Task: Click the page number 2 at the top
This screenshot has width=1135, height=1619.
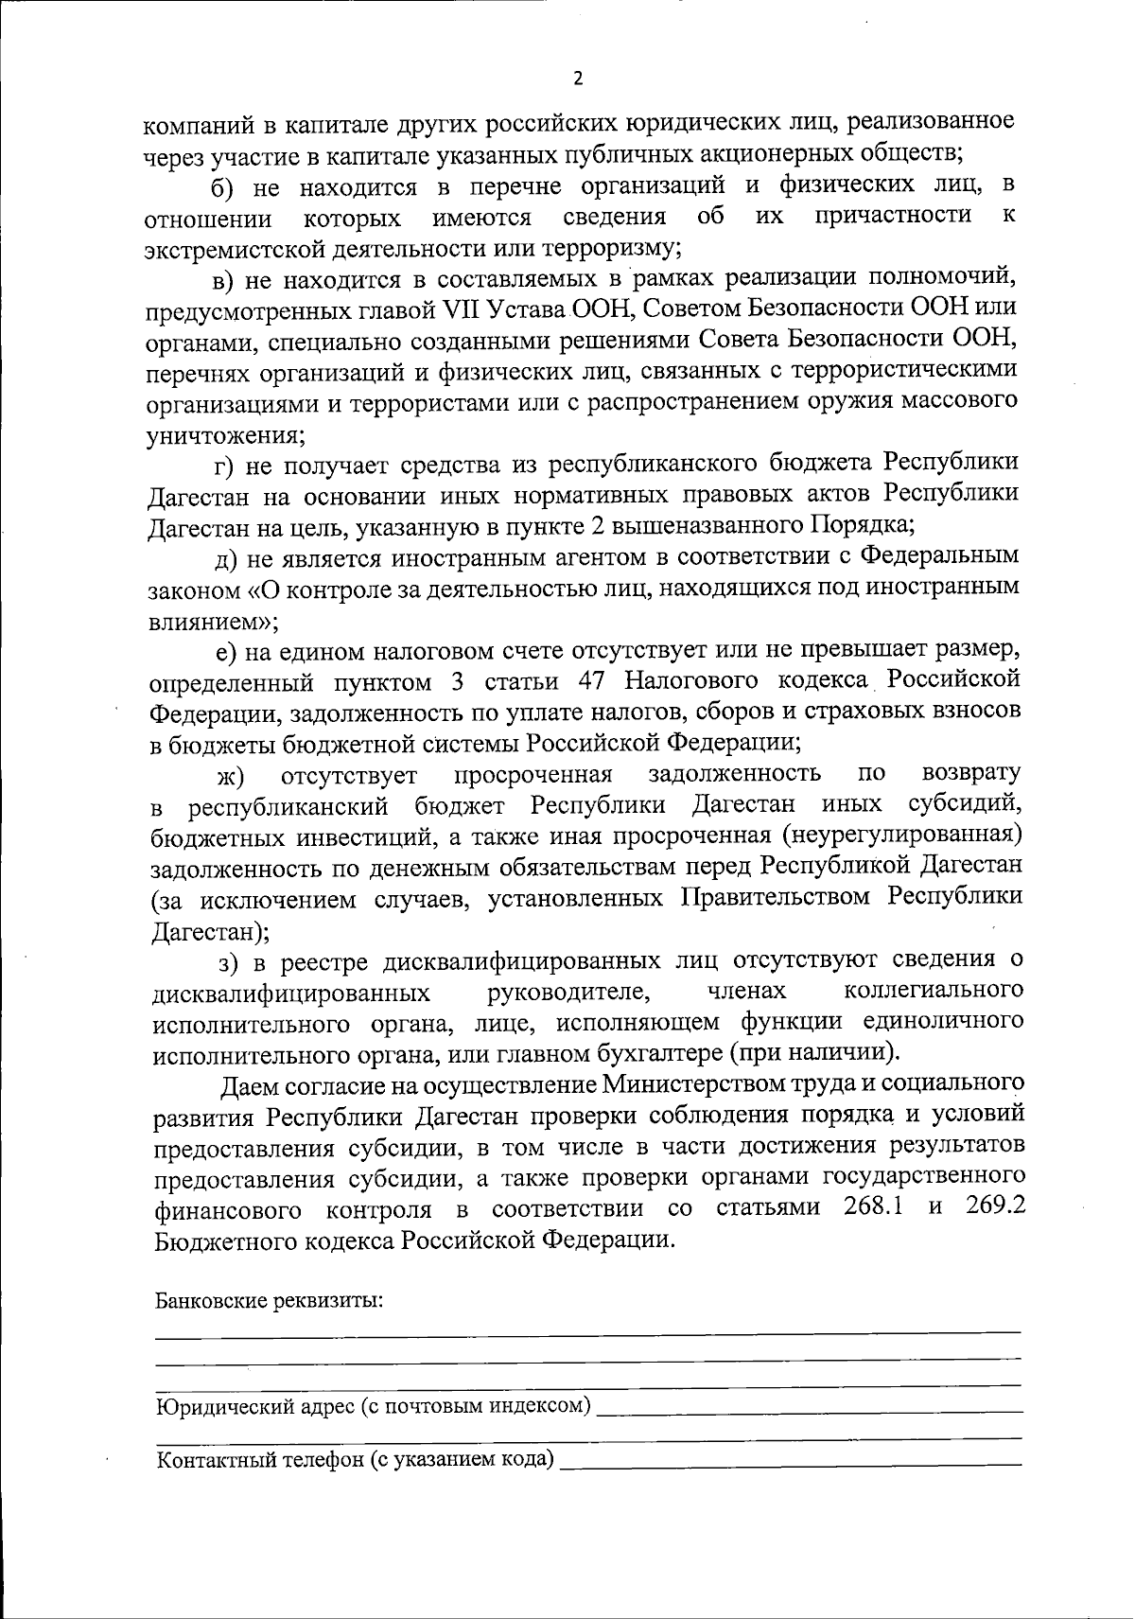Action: pos(578,79)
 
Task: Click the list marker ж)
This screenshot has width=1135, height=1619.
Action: pos(231,778)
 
